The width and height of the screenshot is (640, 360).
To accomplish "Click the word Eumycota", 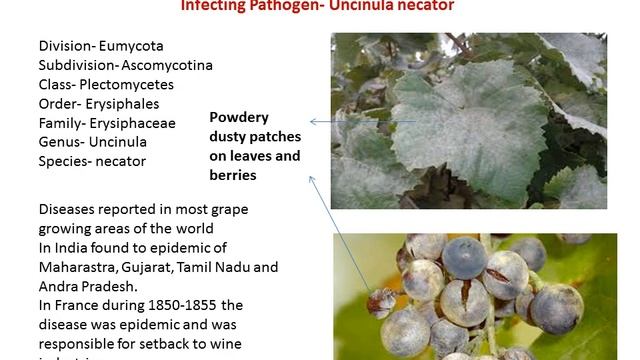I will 131,46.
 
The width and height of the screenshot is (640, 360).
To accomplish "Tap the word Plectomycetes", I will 134,84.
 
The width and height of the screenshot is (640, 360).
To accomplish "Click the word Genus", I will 58,141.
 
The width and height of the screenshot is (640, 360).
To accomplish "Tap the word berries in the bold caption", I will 234,175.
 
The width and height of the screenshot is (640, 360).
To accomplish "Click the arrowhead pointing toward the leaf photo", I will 313,122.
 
